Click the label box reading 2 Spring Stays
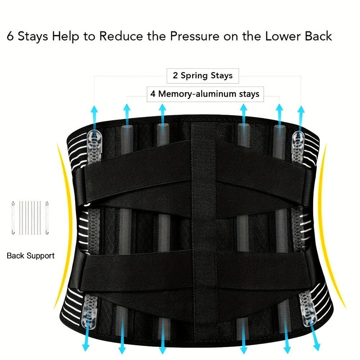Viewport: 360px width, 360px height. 202,76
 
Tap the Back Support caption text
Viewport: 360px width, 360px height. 31,256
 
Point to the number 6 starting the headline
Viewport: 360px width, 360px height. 10,36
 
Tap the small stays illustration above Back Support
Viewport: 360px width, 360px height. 29,218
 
